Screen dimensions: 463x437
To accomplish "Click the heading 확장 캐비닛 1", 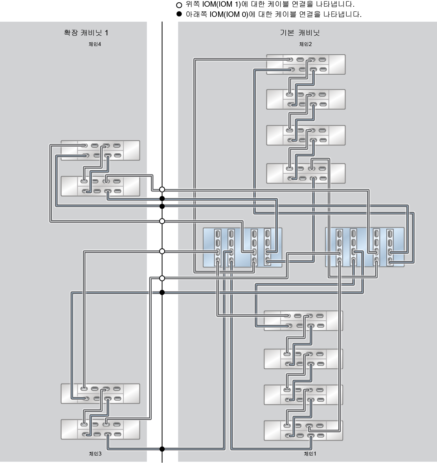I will pos(86,33).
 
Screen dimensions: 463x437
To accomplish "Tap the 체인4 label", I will pos(95,44).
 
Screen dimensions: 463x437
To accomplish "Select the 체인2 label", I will pos(305,44).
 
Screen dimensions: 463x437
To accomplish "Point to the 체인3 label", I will pos(95,454).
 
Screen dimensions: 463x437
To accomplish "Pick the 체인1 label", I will pos(310,454).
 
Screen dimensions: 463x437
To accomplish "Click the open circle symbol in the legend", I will pos(180,5).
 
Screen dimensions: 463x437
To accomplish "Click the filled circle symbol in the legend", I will pos(180,15).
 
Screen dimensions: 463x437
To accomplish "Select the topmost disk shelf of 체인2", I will pos(306,64).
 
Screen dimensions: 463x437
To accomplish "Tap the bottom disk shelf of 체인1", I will pos(303,430).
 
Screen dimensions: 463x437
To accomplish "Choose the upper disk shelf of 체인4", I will pos(100,151).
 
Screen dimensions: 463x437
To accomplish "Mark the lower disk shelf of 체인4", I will pos(100,186).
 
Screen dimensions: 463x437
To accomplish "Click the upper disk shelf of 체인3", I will pos(100,393).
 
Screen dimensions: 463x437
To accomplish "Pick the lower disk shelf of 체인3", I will pos(100,429).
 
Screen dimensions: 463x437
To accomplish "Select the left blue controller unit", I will pos(242,248).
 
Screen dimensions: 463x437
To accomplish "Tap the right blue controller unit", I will pos(365,248).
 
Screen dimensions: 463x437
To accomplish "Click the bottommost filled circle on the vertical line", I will pos(162,449).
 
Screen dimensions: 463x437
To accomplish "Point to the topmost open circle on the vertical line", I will pos(162,190).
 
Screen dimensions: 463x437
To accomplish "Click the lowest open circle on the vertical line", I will pos(162,278).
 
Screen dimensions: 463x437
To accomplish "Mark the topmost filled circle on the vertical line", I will pos(162,198).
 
